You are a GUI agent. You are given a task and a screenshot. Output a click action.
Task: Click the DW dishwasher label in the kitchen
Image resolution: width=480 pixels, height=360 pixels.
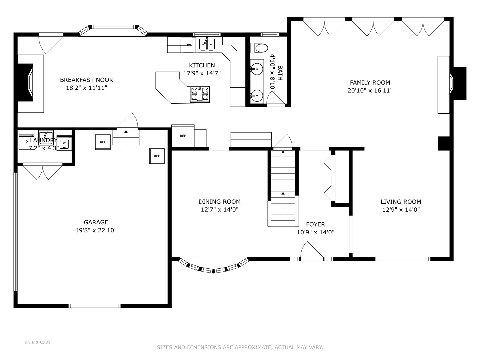[188, 45]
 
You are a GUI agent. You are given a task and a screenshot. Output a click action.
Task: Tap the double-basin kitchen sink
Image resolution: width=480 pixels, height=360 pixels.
[207, 45]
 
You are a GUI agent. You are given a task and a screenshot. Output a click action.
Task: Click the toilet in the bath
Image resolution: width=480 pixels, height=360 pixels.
[259, 48]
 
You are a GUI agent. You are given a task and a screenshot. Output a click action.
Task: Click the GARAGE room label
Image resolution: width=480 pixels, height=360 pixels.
[96, 222]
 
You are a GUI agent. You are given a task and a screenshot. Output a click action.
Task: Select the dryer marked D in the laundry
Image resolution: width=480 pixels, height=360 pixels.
[26, 142]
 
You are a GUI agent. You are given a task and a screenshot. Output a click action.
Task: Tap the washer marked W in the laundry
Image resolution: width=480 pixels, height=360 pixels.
[64, 143]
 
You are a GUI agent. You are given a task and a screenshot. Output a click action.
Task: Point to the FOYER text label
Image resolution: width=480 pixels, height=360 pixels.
[315, 224]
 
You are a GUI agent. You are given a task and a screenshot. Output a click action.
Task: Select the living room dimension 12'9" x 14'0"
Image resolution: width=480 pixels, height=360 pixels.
[401, 210]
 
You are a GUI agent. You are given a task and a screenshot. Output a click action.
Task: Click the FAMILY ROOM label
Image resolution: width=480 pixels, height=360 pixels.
[370, 83]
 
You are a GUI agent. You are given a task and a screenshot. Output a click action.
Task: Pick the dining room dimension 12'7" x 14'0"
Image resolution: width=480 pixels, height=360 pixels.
[219, 210]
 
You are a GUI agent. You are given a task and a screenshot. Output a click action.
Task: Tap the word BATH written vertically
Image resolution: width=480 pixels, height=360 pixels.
[280, 73]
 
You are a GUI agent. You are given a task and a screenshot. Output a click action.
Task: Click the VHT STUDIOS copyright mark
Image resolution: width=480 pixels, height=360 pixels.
[37, 342]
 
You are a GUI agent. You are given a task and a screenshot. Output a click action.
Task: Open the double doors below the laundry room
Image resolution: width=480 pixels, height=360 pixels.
[43, 171]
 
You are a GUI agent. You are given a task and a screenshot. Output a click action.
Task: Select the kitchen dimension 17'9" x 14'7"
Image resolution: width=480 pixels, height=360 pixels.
[202, 73]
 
